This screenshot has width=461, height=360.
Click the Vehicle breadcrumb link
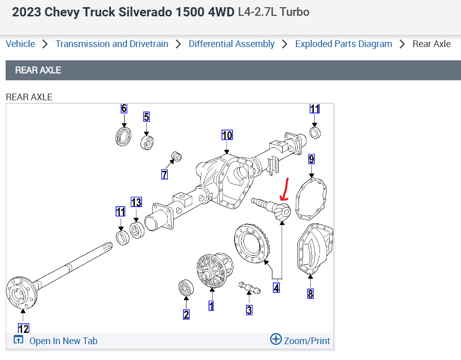[x=20, y=44]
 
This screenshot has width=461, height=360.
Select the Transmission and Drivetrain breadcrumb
[x=112, y=44]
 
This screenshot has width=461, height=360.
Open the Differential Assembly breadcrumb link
[x=232, y=44]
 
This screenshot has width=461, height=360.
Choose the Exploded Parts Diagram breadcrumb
[x=343, y=44]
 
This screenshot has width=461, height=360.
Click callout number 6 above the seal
[x=124, y=108]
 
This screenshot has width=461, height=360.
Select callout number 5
[x=147, y=117]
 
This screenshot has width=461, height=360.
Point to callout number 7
[x=165, y=175]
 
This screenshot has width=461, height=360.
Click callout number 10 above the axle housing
[x=227, y=135]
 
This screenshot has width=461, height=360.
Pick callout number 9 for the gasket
[x=311, y=159]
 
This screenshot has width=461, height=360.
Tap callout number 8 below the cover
[x=311, y=294]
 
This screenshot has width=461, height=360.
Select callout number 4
[x=276, y=288]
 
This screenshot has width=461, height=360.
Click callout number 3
[x=249, y=309]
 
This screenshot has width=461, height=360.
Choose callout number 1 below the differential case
[x=211, y=306]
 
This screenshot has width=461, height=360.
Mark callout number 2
[x=187, y=314]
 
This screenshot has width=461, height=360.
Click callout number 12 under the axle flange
[x=24, y=328]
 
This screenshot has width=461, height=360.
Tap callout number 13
[x=136, y=202]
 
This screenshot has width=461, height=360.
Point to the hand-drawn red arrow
[x=285, y=190]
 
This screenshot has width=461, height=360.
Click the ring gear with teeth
[x=251, y=244]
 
